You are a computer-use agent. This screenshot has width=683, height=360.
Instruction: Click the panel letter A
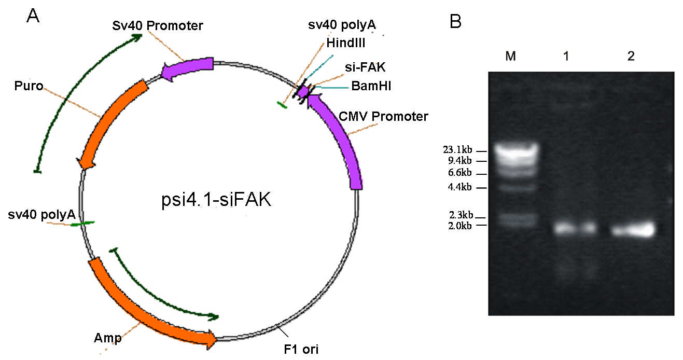tap(33, 16)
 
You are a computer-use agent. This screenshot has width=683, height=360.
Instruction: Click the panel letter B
tap(455, 22)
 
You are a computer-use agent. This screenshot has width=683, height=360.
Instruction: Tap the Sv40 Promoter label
tap(157, 25)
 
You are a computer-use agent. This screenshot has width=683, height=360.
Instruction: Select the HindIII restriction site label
tap(346, 43)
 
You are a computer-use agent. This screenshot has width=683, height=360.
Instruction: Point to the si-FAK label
tap(365, 67)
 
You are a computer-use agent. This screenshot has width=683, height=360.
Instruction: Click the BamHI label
tap(371, 86)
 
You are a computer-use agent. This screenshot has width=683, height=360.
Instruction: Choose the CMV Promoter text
tap(383, 117)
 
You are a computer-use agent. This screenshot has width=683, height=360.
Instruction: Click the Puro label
tap(29, 86)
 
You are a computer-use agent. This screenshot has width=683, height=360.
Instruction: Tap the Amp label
tap(108, 338)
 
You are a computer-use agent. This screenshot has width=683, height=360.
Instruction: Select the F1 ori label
tap(301, 349)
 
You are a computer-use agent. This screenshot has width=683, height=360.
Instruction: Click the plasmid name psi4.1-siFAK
tap(216, 200)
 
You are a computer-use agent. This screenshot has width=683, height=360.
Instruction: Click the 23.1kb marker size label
tap(457, 150)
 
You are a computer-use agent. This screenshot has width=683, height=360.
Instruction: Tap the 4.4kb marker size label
tap(459, 187)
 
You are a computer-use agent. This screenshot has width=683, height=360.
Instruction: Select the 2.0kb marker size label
tap(460, 226)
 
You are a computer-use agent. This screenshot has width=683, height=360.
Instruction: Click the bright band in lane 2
tap(633, 230)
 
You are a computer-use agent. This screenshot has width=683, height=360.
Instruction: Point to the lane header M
tap(510, 56)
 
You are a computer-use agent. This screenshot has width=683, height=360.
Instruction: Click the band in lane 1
tap(575, 228)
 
